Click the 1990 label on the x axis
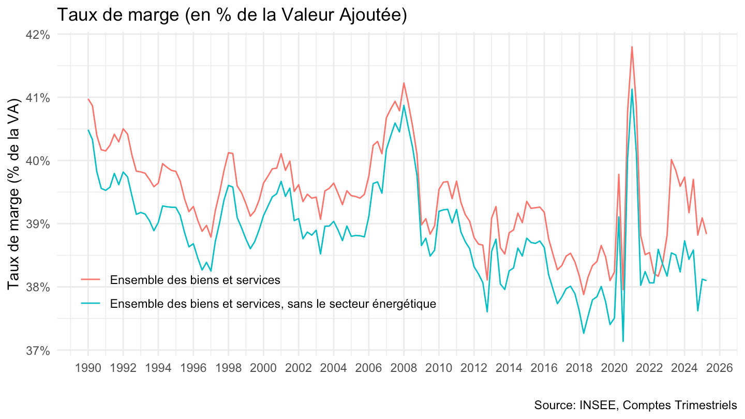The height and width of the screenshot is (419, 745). tap(88, 368)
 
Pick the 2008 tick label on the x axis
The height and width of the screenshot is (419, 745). tap(404, 368)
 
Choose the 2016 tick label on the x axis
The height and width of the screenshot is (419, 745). tap(544, 368)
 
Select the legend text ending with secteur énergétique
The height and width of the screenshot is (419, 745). tap(273, 304)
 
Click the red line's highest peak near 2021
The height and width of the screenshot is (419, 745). tap(632, 47)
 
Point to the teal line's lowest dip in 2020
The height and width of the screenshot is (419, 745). tap(623, 341)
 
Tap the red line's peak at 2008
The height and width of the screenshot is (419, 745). tap(404, 83)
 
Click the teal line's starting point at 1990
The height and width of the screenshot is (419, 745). tap(88, 130)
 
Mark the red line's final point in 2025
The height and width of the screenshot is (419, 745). tap(706, 234)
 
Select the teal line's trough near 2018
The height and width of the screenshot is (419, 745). tap(584, 333)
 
